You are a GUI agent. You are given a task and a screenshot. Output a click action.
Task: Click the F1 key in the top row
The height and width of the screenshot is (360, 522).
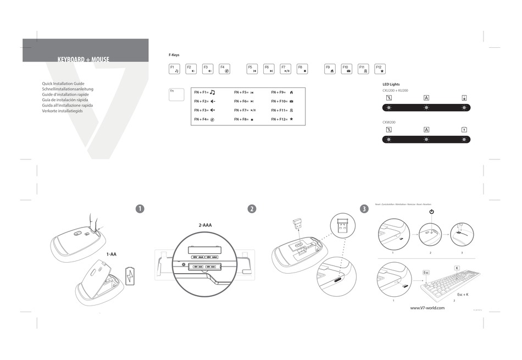pos(174,69)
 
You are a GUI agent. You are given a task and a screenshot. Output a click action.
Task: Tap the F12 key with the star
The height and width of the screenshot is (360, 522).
pos(380,69)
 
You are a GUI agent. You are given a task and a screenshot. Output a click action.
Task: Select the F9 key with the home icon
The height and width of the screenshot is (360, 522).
pos(330,69)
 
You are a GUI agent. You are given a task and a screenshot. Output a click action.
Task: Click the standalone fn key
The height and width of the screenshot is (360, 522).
pos(176,95)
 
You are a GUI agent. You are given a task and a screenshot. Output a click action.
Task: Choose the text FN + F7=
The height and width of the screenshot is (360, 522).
pos(241,110)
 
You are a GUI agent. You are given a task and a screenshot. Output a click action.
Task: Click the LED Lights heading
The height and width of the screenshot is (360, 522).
pos(391,84)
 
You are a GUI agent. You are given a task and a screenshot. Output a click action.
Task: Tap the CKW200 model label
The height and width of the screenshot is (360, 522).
pos(389,122)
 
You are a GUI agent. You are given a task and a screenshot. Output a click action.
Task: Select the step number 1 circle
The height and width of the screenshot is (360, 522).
pos(140,209)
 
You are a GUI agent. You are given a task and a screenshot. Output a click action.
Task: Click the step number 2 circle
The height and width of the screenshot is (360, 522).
pos(252,209)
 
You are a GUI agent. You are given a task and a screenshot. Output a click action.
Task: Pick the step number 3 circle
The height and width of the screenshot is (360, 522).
pos(364,209)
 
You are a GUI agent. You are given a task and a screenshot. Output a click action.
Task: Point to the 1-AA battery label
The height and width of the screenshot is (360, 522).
pos(112,254)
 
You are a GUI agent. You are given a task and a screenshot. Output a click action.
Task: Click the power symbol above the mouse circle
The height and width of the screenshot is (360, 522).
pos(431,212)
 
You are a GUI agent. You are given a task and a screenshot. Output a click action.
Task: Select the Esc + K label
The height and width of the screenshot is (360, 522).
pos(463,295)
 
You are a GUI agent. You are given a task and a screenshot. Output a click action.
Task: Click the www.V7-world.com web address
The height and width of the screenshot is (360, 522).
pos(427,308)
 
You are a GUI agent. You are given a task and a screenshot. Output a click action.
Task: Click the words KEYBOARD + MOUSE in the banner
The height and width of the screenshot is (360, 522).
pos(83,59)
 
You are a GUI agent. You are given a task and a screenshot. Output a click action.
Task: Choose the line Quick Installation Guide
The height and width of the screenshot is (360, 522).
pos(63,84)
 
